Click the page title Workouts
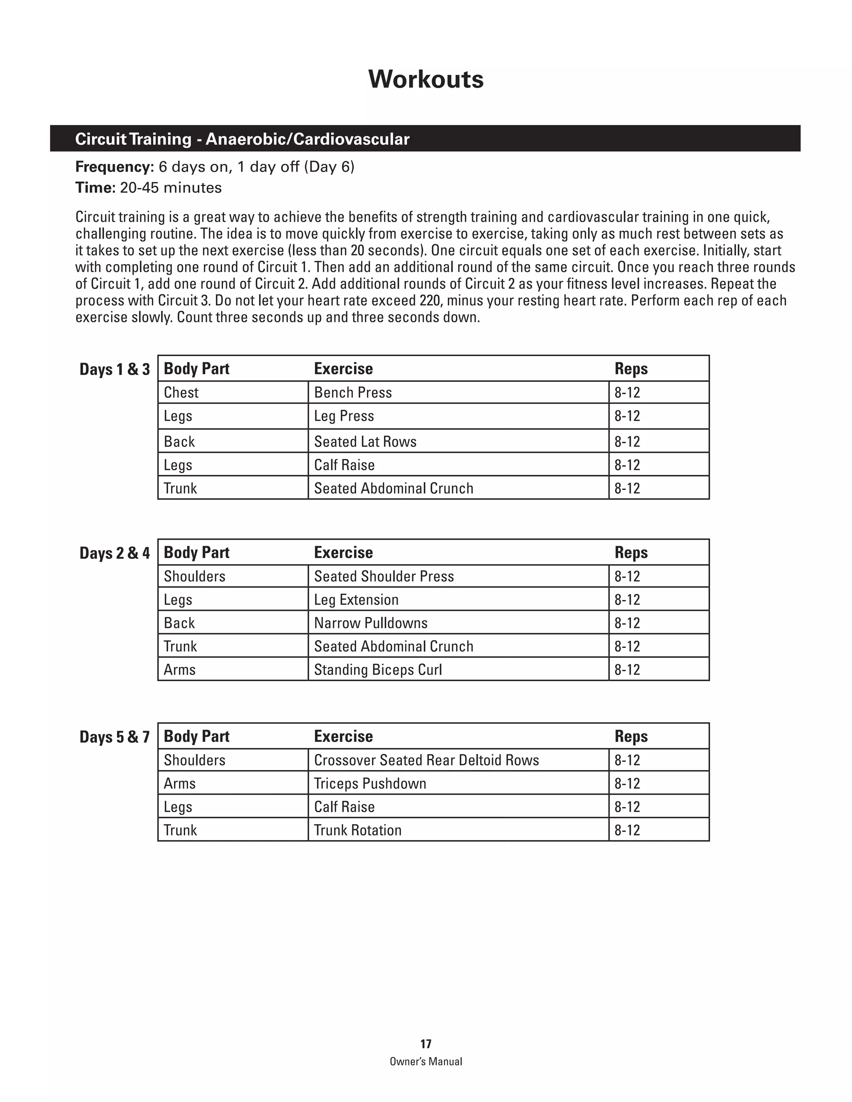[426, 79]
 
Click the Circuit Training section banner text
[242, 139]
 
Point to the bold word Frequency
[114, 166]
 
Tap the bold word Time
[95, 188]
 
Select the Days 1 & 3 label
[114, 369]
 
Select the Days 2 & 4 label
[114, 553]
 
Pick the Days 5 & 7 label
[114, 737]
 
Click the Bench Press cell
[353, 393]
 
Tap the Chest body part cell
[181, 393]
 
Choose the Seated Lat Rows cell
[365, 442]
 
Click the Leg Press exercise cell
[344, 416]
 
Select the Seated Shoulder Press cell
[384, 576]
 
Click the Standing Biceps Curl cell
[378, 670]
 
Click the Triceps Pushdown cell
[370, 783]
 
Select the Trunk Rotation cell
[357, 830]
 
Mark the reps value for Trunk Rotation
[627, 830]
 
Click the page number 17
[426, 1044]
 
